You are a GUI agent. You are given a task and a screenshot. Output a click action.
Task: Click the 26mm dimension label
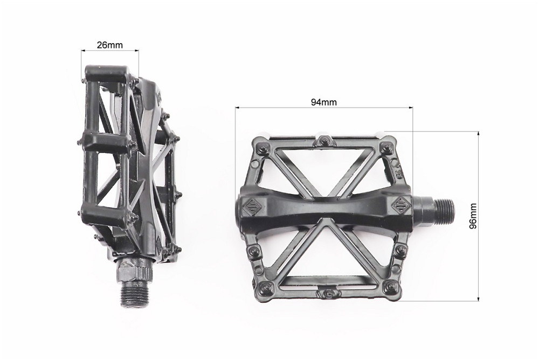coord(109,45)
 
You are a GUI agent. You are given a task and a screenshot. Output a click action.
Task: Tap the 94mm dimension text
coord(323,102)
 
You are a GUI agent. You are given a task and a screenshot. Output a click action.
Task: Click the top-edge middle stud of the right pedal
coord(324,141)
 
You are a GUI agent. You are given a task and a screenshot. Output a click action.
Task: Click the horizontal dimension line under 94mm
coord(323,108)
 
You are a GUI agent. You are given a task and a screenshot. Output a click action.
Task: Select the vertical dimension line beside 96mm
coord(478,216)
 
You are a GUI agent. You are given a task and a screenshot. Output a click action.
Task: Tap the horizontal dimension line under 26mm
coord(109,51)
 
